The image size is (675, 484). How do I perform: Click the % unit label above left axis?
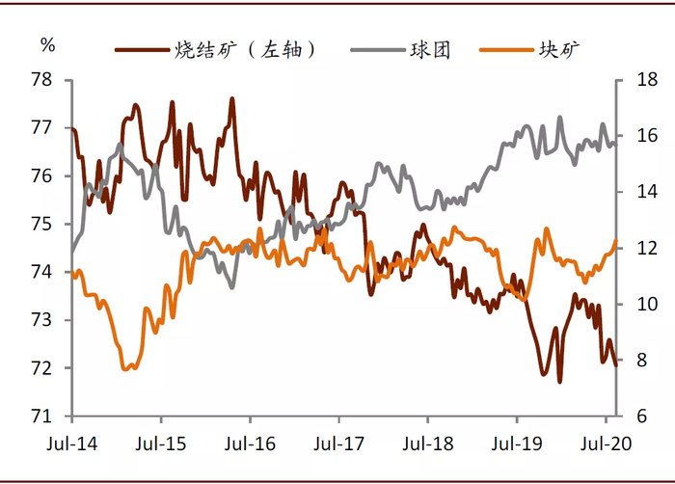(48, 44)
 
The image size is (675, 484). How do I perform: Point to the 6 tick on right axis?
(636, 417)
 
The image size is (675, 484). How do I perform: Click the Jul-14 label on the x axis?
(72, 446)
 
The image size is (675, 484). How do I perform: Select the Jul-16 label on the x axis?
(250, 446)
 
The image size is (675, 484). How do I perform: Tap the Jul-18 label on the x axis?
(427, 446)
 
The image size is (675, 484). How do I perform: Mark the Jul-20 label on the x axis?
(605, 446)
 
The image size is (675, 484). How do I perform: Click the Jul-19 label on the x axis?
(516, 446)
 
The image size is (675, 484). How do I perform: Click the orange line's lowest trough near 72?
(127, 368)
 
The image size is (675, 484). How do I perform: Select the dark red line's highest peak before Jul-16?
(232, 98)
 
